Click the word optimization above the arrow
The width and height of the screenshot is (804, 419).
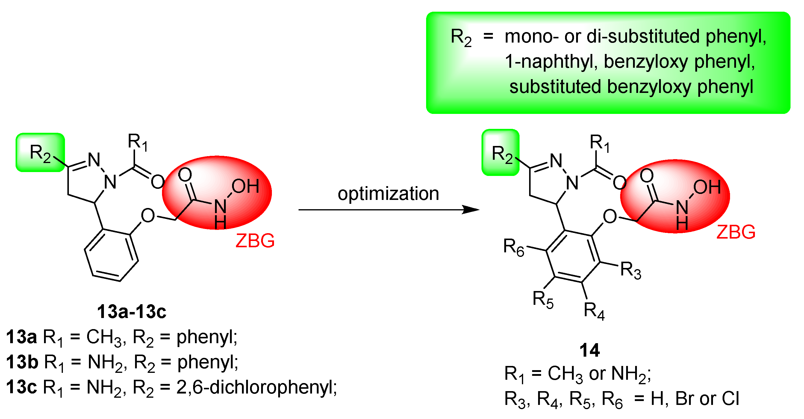click(388, 193)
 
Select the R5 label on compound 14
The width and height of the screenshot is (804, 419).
click(543, 299)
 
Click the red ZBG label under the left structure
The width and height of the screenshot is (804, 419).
click(255, 241)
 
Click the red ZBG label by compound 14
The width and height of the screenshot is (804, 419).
click(736, 232)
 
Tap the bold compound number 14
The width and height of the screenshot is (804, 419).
click(590, 350)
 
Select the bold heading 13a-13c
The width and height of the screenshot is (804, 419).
click(132, 312)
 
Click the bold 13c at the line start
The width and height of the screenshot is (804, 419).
click(21, 387)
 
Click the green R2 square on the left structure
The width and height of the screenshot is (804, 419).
click(40, 153)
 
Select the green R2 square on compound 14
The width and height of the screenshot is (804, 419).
click(501, 153)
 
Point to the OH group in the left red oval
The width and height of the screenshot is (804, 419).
click(245, 186)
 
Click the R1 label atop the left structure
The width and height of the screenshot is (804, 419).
click(137, 142)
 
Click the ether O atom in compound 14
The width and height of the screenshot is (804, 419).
click(610, 216)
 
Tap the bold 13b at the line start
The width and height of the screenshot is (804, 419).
click(22, 362)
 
